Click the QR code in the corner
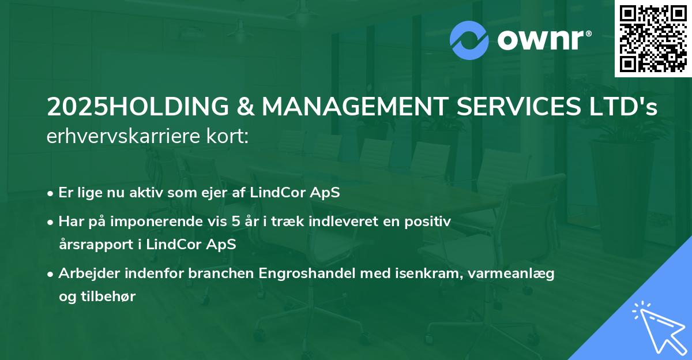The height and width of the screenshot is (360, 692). point(653,39)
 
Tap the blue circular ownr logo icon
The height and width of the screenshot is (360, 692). point(469,40)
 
